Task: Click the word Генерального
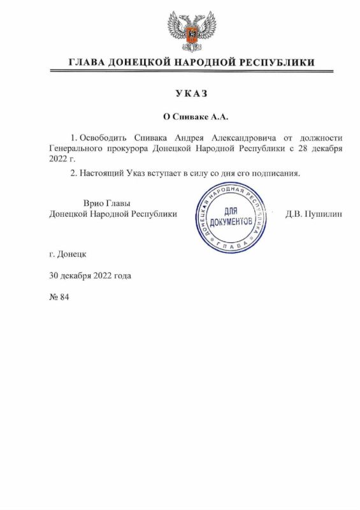(x=76, y=149)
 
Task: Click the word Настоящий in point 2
(x=104, y=173)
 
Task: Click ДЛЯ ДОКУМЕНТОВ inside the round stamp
(x=232, y=217)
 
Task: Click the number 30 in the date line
(x=54, y=276)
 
